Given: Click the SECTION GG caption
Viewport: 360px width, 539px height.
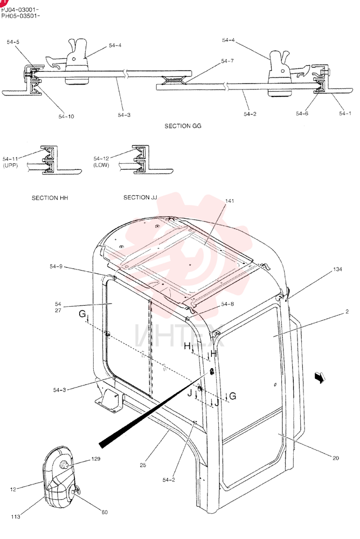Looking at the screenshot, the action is [183, 126].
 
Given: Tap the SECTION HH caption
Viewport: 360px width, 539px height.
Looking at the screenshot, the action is [50, 198].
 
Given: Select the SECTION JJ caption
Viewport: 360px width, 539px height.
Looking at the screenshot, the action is [140, 197].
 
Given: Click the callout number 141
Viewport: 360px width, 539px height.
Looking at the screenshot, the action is [230, 201].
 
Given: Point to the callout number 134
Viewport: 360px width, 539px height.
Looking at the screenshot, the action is [338, 269].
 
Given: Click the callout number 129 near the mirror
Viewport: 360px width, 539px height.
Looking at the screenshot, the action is [95, 459].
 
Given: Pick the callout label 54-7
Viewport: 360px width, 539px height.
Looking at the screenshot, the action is [227, 61].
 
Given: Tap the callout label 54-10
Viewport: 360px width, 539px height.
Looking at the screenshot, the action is [66, 116].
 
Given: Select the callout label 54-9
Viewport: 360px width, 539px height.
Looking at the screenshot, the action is [56, 266].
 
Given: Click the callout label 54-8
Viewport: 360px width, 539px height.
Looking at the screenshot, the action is [227, 304].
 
